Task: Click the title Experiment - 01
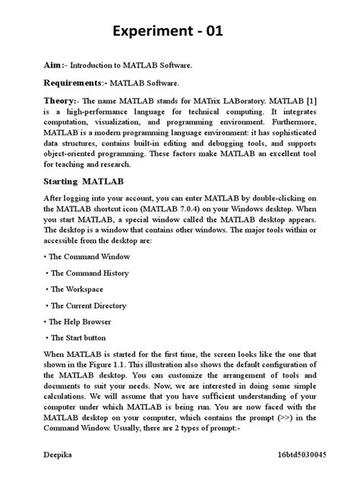[x=179, y=32]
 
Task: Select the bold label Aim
[x=52, y=67]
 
